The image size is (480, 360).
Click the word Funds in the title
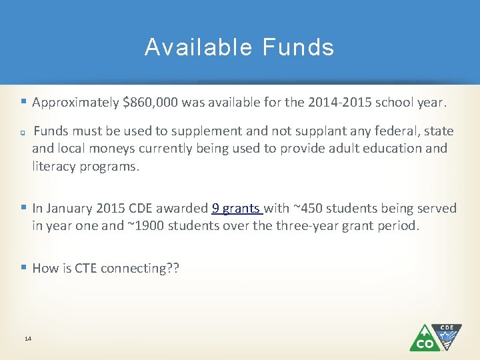point(299,47)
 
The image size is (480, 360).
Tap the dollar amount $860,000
point(150,103)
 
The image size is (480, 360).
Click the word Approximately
point(76,103)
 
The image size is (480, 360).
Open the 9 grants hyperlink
point(237,209)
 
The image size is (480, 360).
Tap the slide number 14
point(28,339)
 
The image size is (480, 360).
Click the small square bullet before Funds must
point(23,132)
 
